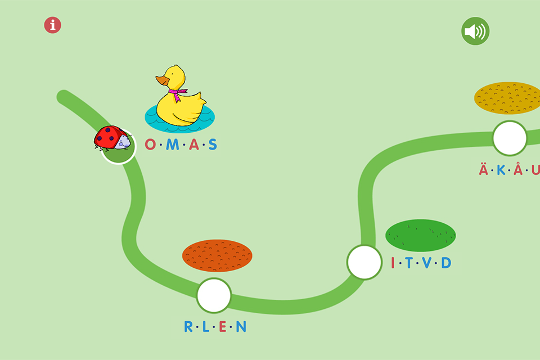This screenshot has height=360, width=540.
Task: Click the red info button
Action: (x=53, y=25)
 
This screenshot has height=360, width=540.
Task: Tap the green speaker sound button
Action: (x=475, y=31)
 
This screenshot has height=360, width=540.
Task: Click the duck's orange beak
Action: (x=162, y=80)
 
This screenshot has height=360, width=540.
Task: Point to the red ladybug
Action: (x=112, y=138)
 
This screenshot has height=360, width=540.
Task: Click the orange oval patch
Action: (x=217, y=255)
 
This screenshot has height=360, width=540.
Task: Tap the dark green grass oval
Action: (x=421, y=235)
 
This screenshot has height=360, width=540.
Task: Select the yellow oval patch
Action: (x=507, y=98)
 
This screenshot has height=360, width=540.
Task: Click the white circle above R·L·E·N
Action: (x=214, y=295)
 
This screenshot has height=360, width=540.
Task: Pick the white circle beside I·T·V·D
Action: (x=364, y=262)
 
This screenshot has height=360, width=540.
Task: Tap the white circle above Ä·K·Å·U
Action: (x=510, y=138)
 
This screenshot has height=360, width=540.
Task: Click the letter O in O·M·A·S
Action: (x=150, y=144)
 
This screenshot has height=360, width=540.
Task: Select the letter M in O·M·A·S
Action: (x=173, y=145)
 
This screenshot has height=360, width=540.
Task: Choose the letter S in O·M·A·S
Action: (x=213, y=145)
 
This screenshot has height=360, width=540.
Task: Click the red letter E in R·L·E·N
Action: (x=223, y=327)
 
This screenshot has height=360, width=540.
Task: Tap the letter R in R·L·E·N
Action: (x=188, y=327)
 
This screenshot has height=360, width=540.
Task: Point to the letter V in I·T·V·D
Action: (x=427, y=263)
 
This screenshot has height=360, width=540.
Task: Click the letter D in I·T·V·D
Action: (x=446, y=263)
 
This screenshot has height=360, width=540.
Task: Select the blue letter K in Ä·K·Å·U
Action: (x=501, y=170)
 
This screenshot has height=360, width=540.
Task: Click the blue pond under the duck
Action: (x=180, y=119)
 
